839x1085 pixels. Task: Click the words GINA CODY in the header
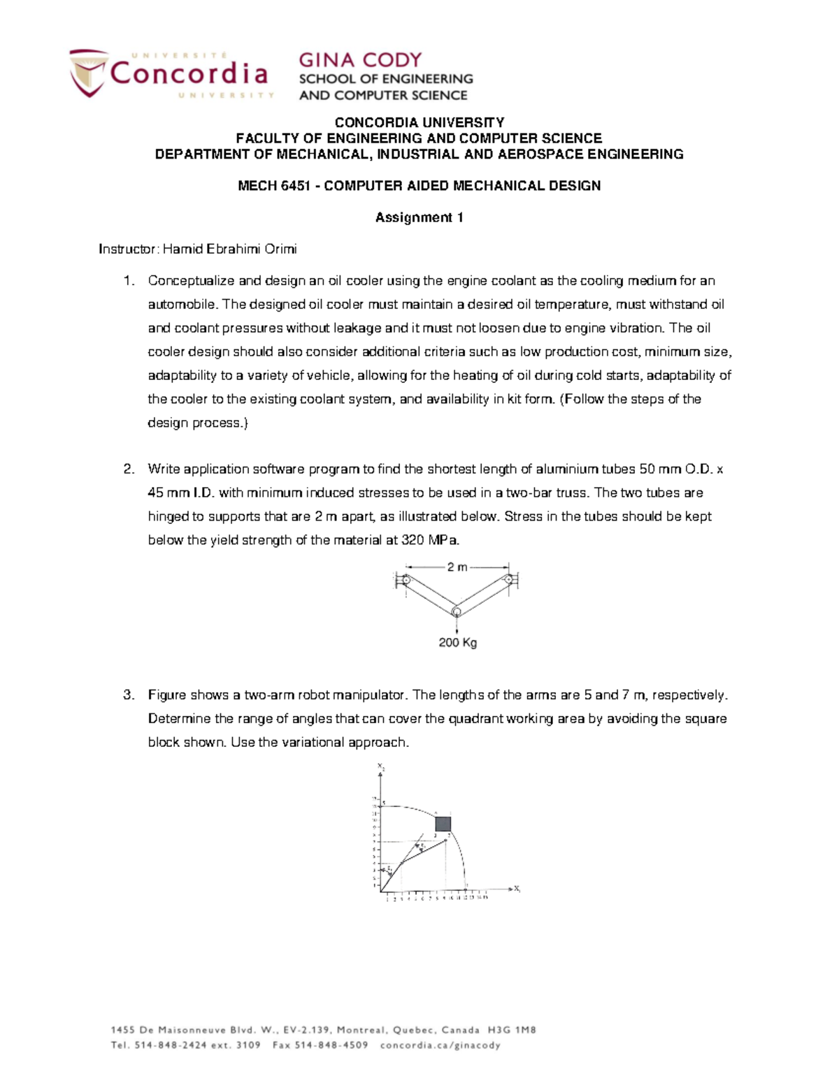coord(360,60)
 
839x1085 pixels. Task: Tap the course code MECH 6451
coord(273,186)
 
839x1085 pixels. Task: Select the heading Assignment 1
coord(419,217)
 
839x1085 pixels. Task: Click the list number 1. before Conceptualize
coord(128,281)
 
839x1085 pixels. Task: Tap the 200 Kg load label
coord(457,643)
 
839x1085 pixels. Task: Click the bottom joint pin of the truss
coord(456,613)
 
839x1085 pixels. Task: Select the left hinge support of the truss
coord(405,580)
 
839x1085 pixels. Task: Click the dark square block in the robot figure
coord(443,824)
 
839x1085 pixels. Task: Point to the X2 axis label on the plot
coord(381,766)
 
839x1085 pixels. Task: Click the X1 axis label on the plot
coord(517,889)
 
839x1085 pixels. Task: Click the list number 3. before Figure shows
coord(128,695)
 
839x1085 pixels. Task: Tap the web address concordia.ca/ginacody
coord(440,1046)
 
